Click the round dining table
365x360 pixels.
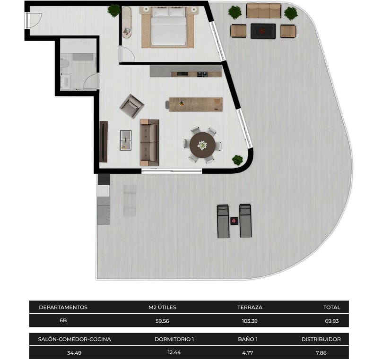(202, 145)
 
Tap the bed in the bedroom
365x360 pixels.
(168, 28)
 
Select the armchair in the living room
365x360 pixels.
(131, 106)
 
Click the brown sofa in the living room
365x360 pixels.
(149, 142)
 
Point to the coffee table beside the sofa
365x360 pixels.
(126, 140)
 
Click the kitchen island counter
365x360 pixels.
(195, 104)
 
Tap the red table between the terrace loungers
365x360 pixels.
(234, 221)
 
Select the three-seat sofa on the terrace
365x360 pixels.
(263, 10)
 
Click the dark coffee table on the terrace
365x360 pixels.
(263, 31)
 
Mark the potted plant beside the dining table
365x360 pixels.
(237, 160)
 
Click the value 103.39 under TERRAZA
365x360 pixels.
(250, 321)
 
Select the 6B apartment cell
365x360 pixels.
(63, 321)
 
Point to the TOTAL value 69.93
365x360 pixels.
(331, 321)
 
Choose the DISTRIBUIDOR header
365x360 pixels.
(321, 339)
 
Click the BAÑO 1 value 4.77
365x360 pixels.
(248, 352)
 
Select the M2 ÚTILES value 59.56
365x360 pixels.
(162, 321)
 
